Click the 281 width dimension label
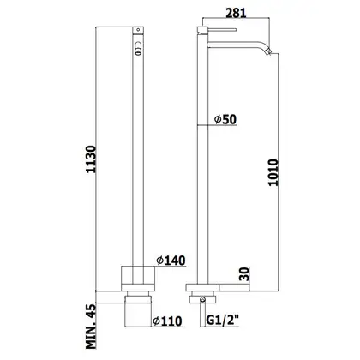(236, 13)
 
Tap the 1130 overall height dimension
(91, 159)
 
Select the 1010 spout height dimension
(273, 172)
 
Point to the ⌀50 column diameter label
(225, 119)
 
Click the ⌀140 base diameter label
(171, 261)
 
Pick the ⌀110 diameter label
(167, 321)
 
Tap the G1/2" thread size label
(223, 321)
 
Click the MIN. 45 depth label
(91, 327)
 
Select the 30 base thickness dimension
(245, 274)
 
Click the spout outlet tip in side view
(268, 51)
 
